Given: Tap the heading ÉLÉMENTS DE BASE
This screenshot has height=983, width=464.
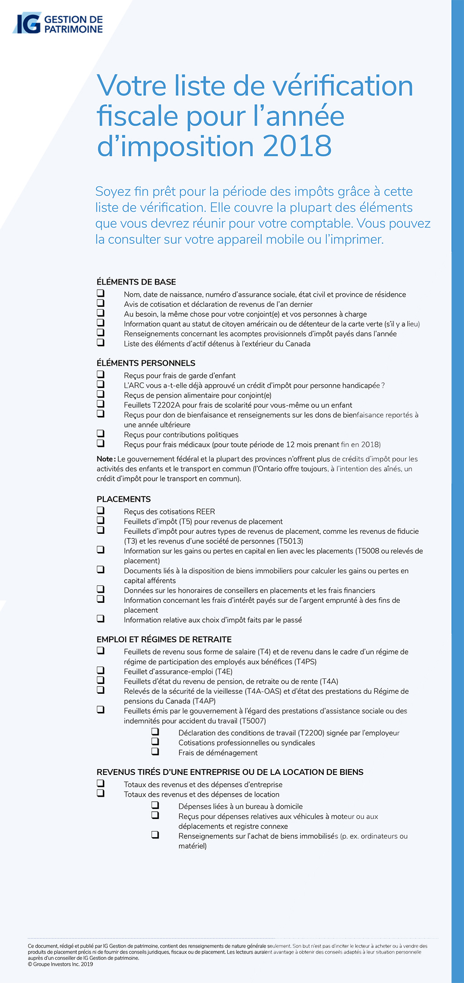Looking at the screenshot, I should [136, 282].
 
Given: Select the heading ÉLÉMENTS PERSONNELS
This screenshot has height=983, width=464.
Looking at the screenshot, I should [146, 363].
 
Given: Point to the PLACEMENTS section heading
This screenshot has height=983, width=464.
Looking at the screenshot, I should [123, 499].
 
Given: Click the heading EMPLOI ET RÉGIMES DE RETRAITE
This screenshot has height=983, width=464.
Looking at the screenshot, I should [164, 639].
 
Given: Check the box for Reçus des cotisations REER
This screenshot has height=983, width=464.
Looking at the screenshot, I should [101, 510].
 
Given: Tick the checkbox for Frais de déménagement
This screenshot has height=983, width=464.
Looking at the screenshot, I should [155, 751].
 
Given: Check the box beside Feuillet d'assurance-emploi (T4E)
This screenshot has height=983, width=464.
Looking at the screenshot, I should [101, 670].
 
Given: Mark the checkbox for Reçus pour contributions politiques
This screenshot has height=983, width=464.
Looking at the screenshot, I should [101, 433].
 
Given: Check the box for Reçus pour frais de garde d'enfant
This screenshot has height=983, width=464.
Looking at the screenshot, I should [101, 374].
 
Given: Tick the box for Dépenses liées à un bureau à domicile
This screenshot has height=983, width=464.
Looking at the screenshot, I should [155, 805].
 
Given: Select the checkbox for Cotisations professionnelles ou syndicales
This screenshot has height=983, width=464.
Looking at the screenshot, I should [155, 741].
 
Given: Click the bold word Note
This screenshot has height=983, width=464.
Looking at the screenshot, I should [105, 459].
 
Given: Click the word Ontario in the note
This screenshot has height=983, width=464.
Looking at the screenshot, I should [271, 469].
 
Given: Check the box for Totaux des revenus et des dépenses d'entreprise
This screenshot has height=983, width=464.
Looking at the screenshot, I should [101, 783].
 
